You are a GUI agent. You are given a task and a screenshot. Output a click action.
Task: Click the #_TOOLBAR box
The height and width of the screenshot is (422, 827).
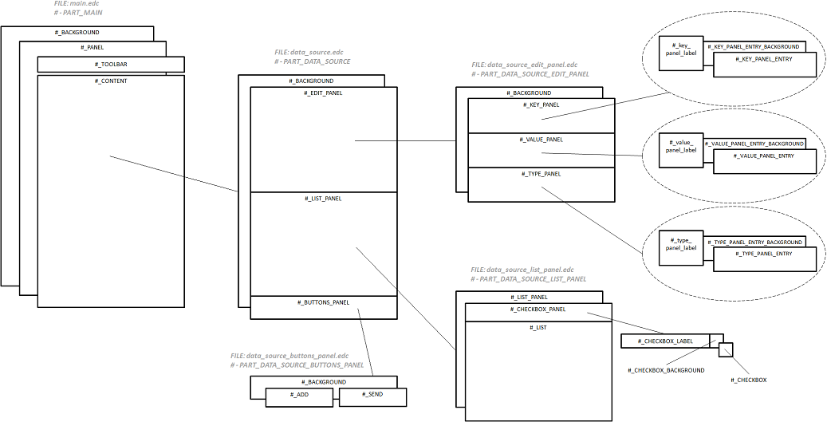[111, 64]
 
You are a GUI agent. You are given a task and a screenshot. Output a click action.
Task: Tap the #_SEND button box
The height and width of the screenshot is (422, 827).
[372, 396]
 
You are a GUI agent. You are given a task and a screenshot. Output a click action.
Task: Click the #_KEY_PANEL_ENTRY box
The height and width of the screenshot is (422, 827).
[764, 65]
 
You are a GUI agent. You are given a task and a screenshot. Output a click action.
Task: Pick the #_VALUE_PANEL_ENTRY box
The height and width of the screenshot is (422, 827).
[764, 161]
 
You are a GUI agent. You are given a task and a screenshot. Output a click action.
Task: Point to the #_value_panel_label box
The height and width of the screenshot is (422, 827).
[680, 151]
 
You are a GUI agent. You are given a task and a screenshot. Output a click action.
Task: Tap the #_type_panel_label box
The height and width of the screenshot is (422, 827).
[680, 248]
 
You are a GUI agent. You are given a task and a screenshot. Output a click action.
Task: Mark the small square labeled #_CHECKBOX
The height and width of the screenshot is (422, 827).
[725, 349]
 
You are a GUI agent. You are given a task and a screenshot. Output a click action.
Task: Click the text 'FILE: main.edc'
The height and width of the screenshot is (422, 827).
[78, 4]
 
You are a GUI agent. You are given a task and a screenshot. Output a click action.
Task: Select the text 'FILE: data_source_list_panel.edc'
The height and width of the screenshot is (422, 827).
[522, 270]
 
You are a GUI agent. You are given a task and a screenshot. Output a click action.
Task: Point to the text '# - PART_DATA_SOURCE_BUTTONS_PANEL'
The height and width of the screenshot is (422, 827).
[297, 365]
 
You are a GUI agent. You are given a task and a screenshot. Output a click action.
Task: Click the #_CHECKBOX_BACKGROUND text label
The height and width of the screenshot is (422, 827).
[666, 370]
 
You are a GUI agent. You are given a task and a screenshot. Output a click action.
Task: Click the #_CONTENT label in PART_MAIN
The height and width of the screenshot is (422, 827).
[111, 81]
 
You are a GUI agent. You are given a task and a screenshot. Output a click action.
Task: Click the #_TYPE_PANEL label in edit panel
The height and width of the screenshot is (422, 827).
[541, 173]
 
